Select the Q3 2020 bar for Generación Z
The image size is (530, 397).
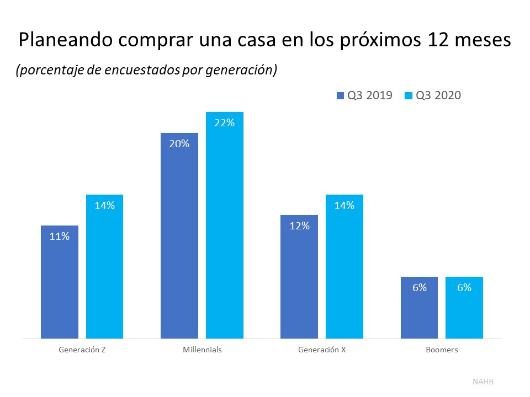[104, 267]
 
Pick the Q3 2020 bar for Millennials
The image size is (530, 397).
[225, 226]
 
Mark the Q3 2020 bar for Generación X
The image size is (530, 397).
[344, 267]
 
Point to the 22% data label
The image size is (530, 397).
[225, 123]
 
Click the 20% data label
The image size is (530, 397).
[179, 144]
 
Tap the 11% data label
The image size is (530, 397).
[60, 237]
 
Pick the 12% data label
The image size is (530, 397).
[299, 226]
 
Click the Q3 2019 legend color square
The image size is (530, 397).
[340, 96]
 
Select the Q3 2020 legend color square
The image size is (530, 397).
[409, 96]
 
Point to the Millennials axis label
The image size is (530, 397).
[202, 350]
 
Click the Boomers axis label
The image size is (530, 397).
[442, 350]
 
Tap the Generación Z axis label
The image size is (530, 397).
[82, 350]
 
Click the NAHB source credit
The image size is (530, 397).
[483, 381]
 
